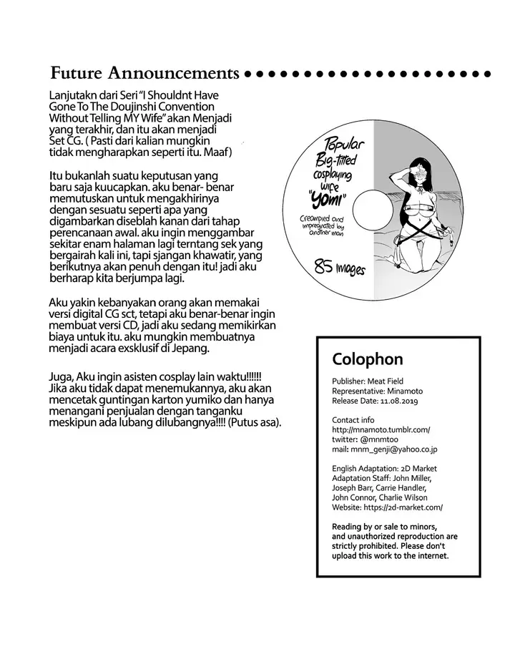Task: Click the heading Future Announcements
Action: point(145,73)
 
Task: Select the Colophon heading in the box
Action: point(368,358)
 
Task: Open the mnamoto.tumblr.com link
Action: point(381,429)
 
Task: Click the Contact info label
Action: point(353,419)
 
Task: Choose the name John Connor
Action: point(353,497)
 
